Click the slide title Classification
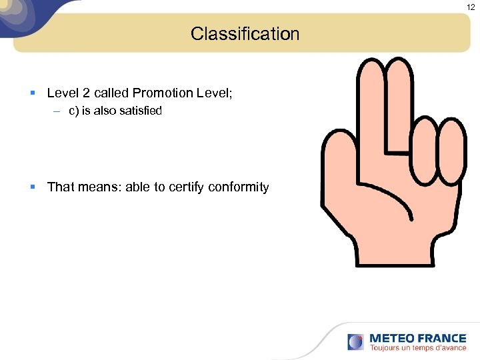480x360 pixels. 245,33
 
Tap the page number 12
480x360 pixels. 471,7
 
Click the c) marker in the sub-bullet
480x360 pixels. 73,111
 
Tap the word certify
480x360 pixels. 185,187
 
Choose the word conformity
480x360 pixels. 238,187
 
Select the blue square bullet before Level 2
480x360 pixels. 33,93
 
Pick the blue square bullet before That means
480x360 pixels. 33,187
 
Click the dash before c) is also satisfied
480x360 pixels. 58,111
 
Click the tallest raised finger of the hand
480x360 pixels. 372,100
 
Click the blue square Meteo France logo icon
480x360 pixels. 356,341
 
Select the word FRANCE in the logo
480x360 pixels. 442,338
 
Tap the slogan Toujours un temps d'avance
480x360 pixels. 418,348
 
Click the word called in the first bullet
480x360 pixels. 111,93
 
